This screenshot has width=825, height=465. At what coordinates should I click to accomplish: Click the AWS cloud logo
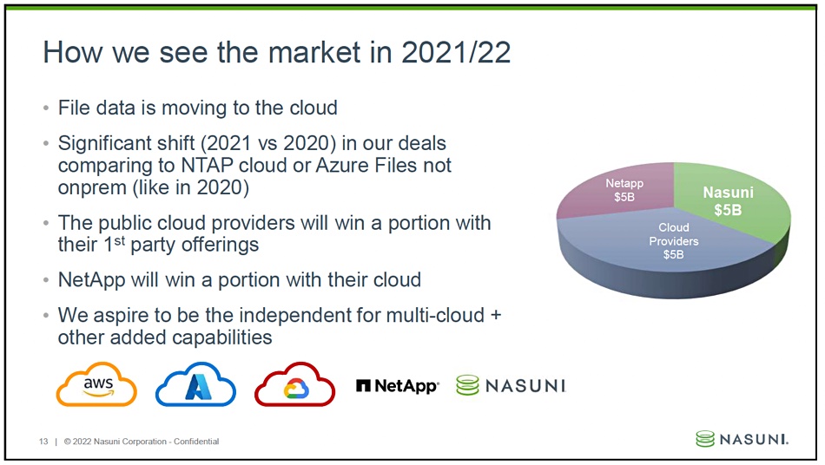click(96, 384)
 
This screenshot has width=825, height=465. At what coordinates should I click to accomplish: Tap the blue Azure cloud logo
click(195, 384)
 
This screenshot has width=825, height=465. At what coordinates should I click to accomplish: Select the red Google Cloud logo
click(294, 384)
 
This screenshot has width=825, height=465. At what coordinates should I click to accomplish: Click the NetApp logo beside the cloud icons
click(397, 386)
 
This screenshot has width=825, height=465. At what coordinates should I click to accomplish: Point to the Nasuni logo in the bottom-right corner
click(742, 439)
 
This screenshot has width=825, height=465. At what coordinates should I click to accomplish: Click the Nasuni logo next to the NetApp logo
click(511, 386)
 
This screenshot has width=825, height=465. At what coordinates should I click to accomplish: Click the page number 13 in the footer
click(43, 442)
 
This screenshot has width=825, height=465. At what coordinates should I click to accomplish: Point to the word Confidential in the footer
click(196, 442)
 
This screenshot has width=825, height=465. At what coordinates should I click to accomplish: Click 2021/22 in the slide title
click(456, 53)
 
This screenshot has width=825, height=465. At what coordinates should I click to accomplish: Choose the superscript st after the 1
click(120, 242)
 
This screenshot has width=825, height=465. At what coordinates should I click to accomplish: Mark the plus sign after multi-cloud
click(496, 316)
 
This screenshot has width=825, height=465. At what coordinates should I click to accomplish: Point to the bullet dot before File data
click(46, 108)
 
